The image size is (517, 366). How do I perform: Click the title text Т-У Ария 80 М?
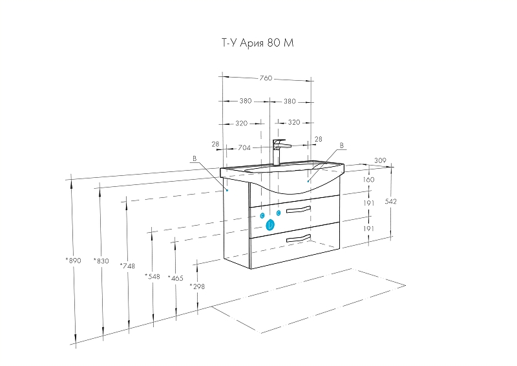(x=257, y=43)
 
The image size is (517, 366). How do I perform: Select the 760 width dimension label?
(x=266, y=78)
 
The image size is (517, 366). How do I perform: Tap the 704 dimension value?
(x=244, y=148)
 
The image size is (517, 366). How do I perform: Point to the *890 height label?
(x=73, y=261)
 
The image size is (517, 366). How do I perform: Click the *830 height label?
(x=101, y=261)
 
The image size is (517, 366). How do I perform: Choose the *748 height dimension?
(x=127, y=266)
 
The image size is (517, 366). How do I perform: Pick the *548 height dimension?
(x=153, y=277)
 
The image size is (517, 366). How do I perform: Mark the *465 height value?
(x=175, y=278)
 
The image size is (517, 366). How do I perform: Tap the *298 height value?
(x=197, y=286)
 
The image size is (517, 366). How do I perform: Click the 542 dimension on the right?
(x=391, y=202)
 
